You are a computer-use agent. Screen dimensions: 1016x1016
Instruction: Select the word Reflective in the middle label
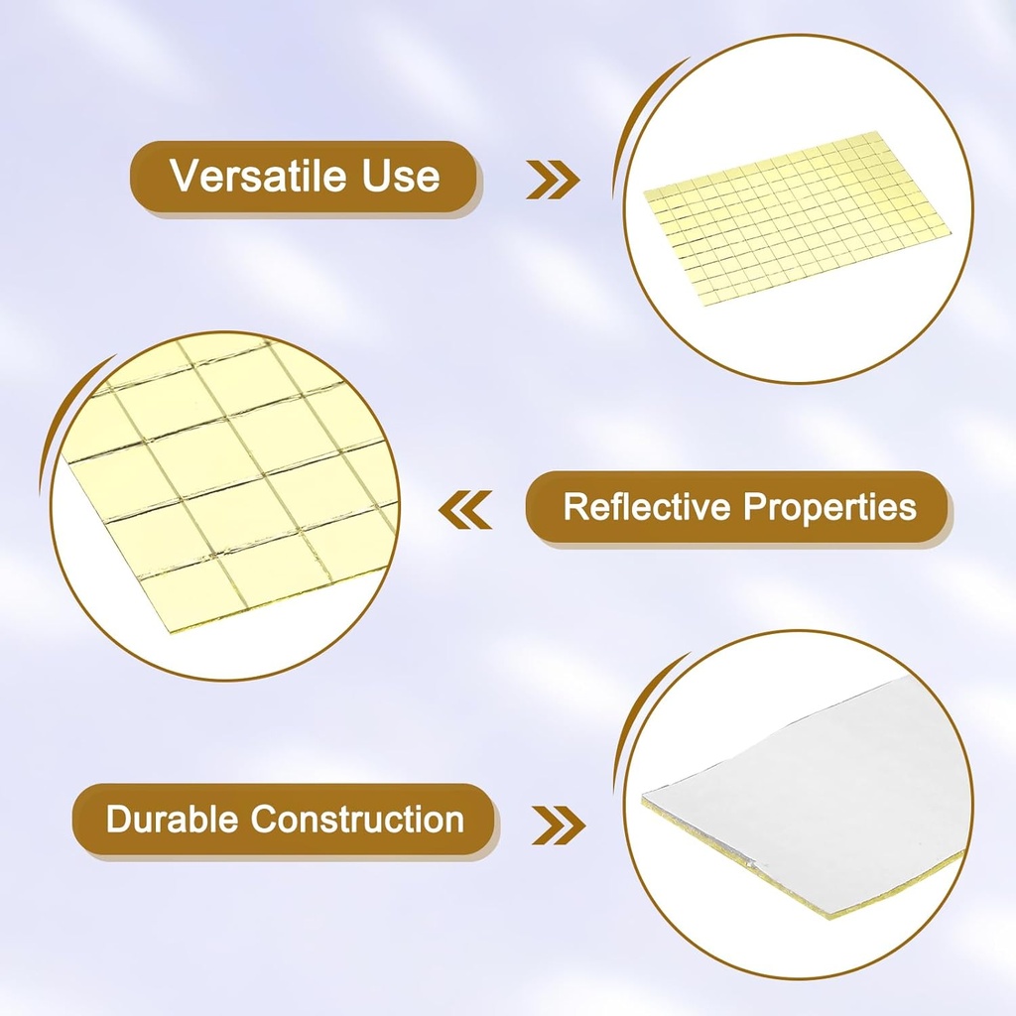(x=646, y=507)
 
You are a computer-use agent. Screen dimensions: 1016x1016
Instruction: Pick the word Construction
(x=357, y=821)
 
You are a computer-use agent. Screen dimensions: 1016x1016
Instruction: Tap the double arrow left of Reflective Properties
(x=465, y=510)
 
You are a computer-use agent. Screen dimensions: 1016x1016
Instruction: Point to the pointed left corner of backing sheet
(x=645, y=798)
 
